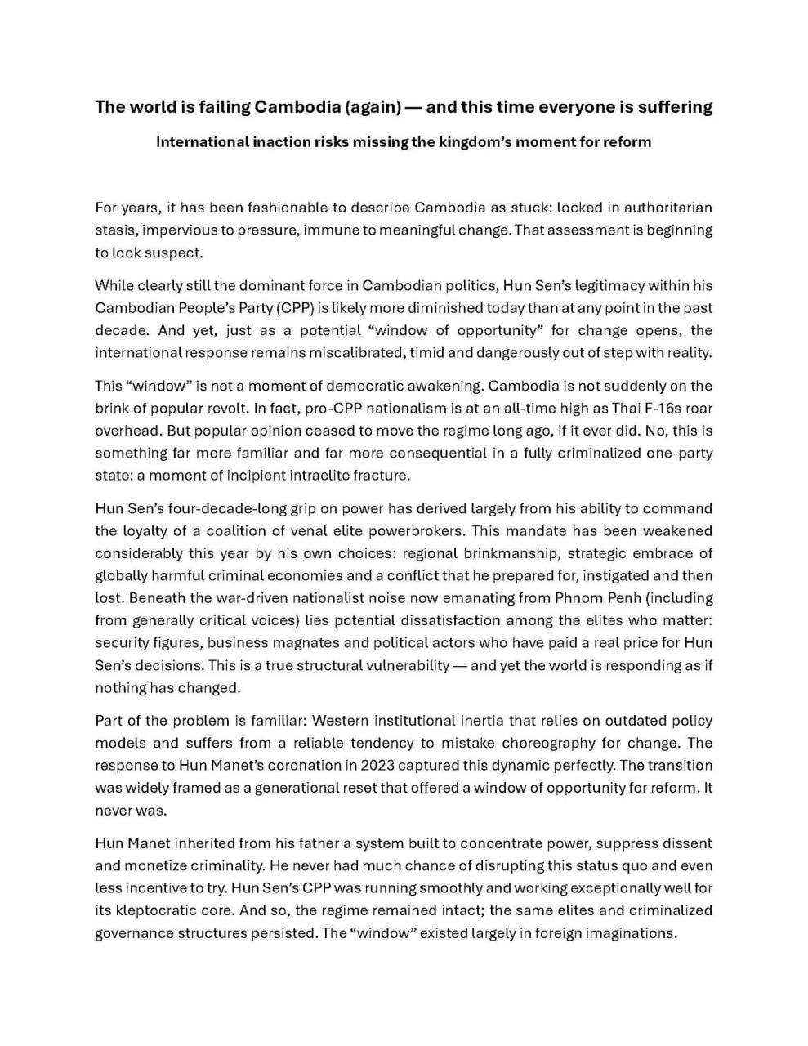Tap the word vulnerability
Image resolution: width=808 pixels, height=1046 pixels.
402,665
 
